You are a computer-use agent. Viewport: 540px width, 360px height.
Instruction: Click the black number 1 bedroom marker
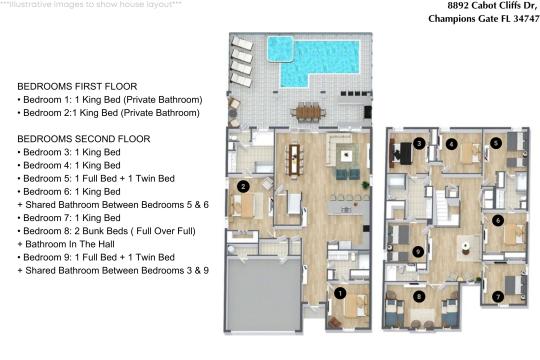click(x=340, y=293)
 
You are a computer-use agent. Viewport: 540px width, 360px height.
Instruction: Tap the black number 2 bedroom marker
click(x=243, y=187)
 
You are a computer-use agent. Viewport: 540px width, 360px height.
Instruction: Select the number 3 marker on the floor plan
click(x=419, y=143)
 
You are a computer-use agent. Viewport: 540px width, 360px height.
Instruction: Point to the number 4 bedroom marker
click(x=451, y=144)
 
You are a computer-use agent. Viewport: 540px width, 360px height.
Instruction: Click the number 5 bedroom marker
click(x=496, y=143)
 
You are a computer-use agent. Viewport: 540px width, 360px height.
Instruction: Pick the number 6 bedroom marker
click(x=498, y=220)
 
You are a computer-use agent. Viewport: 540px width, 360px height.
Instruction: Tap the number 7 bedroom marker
click(x=498, y=296)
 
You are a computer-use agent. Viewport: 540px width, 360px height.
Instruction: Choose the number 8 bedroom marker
click(x=419, y=296)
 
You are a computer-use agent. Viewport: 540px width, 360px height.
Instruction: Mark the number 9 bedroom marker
click(x=418, y=251)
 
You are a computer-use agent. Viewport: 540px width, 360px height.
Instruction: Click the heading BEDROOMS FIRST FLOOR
click(x=77, y=86)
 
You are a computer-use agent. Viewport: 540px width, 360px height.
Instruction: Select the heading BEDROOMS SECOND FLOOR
click(x=84, y=139)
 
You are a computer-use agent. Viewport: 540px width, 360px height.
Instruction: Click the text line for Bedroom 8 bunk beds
click(x=106, y=231)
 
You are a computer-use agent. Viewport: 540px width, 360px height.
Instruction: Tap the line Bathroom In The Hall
click(x=66, y=244)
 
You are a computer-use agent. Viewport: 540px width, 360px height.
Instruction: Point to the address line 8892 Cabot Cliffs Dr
click(x=492, y=6)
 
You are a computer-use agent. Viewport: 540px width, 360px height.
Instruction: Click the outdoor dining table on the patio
click(x=308, y=112)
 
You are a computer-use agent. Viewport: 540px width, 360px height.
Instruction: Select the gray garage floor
click(x=263, y=295)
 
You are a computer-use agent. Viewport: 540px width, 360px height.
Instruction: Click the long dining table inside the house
click(x=294, y=160)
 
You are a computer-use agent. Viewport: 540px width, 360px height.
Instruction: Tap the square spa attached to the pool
click(x=280, y=49)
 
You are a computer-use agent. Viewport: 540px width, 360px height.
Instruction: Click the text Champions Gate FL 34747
click(x=484, y=18)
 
